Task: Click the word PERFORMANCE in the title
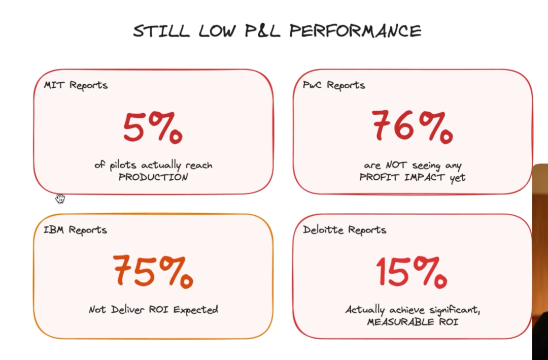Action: (x=355, y=31)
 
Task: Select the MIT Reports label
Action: (x=76, y=85)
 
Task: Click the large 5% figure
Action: (x=152, y=128)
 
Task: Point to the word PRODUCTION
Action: (x=153, y=177)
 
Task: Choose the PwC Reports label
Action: (x=334, y=85)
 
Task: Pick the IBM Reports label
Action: (x=75, y=230)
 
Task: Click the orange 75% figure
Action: (x=152, y=271)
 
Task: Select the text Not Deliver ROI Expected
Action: (x=153, y=309)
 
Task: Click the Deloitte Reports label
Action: (x=345, y=230)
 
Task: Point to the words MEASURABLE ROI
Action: (x=413, y=322)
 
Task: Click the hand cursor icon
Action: (x=60, y=198)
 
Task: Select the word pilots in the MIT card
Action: (x=124, y=166)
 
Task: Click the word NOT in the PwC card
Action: (x=396, y=166)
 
